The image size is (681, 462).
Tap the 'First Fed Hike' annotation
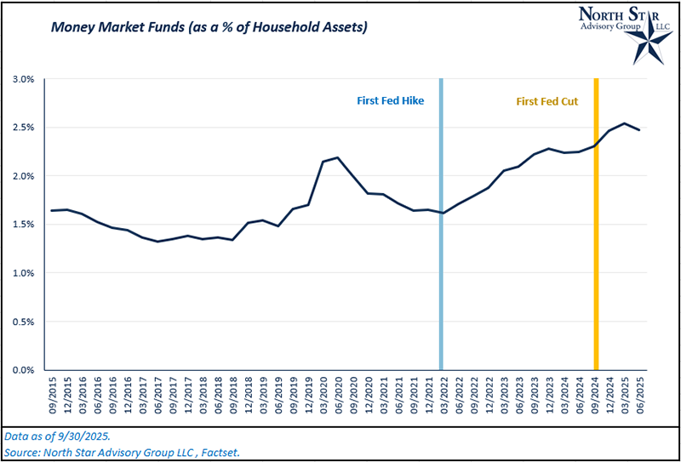pyautogui.click(x=390, y=101)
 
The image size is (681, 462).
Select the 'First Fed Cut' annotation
pyautogui.click(x=547, y=101)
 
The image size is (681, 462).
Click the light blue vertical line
pyautogui.click(x=441, y=255)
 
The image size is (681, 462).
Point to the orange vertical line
pyautogui.click(x=596, y=255)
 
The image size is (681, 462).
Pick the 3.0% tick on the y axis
pyautogui.click(x=23, y=79)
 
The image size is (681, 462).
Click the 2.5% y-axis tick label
pyautogui.click(x=23, y=128)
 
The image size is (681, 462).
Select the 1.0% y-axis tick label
pyautogui.click(x=23, y=273)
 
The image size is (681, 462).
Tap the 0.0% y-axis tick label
pyautogui.click(x=23, y=370)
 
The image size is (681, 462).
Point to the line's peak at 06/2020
pyautogui.click(x=338, y=157)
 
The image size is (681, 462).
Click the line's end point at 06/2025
pyautogui.click(x=639, y=130)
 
